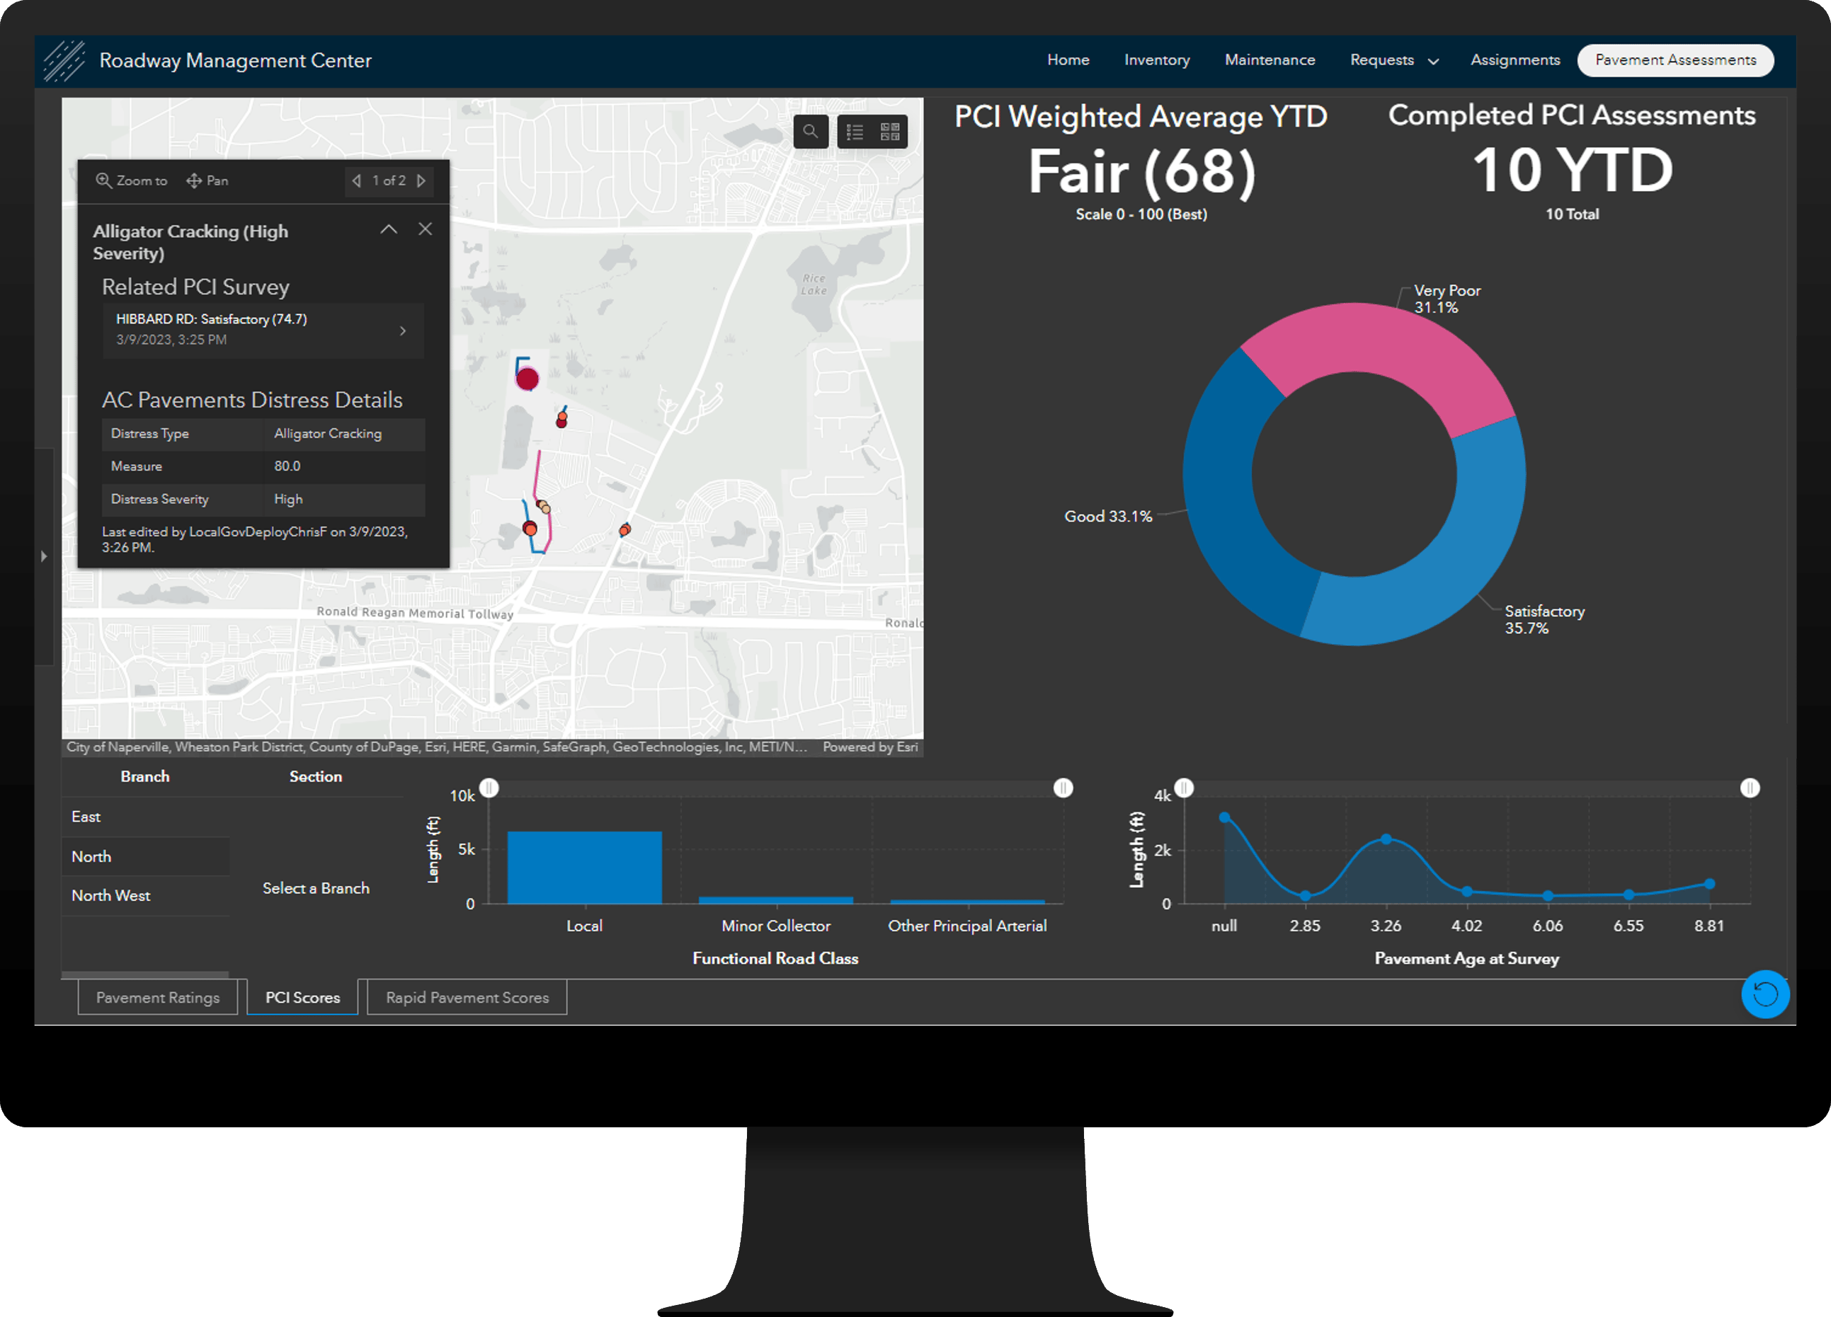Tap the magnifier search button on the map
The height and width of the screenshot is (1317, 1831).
coord(811,132)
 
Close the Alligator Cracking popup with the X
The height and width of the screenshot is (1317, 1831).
coord(425,229)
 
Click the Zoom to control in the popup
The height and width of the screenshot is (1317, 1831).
coord(132,180)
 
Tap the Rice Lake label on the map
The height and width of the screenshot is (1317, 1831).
coord(814,284)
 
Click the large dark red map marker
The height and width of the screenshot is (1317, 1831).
coord(527,379)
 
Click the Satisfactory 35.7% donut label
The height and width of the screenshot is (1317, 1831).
coord(1544,620)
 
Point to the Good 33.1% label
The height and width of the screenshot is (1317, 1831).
coord(1107,517)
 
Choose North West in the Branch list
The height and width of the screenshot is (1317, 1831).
coord(111,896)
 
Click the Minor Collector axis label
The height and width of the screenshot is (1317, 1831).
coord(775,926)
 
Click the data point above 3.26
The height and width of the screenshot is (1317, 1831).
coord(1386,839)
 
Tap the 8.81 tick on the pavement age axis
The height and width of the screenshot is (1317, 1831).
coord(1709,926)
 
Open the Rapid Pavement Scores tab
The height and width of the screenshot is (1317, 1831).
coord(467,997)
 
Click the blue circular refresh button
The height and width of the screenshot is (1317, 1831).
coord(1765,994)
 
